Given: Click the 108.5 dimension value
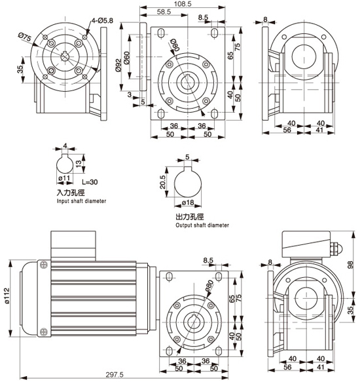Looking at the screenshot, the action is click(x=183, y=4).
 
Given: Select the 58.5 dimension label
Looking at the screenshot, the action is click(x=164, y=12).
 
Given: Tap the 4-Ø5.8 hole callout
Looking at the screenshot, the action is click(x=102, y=21).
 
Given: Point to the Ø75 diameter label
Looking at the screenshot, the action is click(x=25, y=37).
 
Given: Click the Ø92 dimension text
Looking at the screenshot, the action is click(x=118, y=66).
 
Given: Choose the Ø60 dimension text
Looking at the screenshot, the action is click(x=127, y=58).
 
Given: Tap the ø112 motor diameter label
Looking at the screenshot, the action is click(x=7, y=296).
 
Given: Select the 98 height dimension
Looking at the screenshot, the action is click(x=350, y=265).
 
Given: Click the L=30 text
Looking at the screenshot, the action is click(x=90, y=182).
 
